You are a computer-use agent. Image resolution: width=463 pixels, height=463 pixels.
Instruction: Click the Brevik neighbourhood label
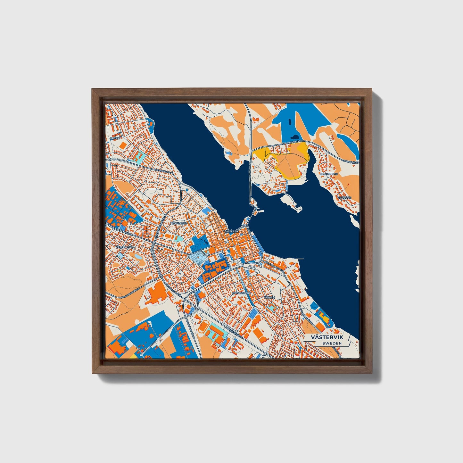click(114, 138)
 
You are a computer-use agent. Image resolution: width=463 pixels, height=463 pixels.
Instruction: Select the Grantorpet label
click(328, 174)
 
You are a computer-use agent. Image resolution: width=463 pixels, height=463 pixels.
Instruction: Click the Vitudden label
click(344, 198)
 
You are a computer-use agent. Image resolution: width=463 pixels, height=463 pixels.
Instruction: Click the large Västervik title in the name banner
click(327, 338)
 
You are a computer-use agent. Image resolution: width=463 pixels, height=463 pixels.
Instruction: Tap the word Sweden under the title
click(332, 343)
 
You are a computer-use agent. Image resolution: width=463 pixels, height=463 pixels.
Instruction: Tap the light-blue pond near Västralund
click(138, 257)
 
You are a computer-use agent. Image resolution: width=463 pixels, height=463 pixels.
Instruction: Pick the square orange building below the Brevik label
click(122, 145)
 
